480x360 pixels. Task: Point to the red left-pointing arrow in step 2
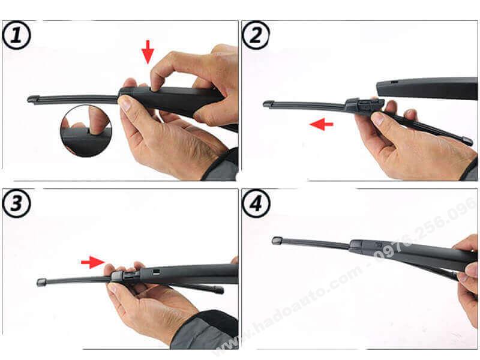(322, 124)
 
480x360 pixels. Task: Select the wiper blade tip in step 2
(269, 104)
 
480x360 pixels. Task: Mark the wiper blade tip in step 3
(41, 281)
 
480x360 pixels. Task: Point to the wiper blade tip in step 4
(278, 241)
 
